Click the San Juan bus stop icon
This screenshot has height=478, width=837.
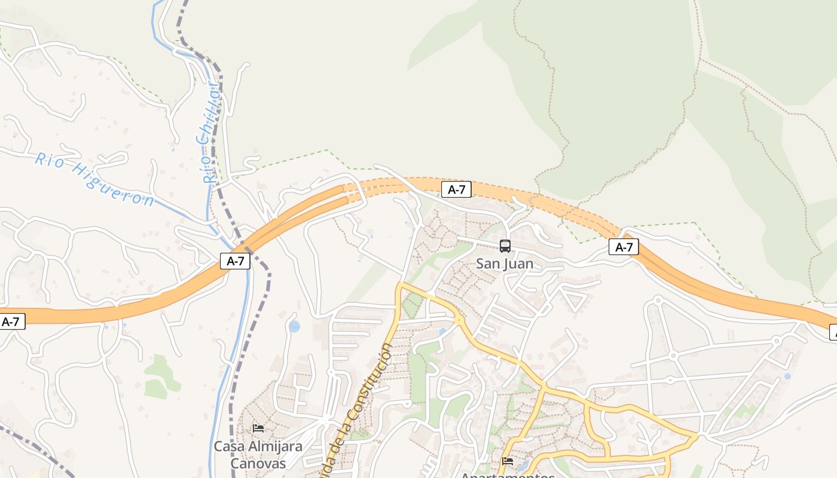click(505, 246)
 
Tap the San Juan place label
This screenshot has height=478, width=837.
click(505, 263)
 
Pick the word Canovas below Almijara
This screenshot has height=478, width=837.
click(258, 463)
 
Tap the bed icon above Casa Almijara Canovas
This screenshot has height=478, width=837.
click(258, 428)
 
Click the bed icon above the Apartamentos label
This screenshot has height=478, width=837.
click(508, 461)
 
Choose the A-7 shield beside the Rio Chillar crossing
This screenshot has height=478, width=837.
click(235, 261)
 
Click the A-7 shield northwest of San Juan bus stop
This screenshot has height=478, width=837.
click(456, 189)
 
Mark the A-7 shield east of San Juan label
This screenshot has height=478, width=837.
click(624, 247)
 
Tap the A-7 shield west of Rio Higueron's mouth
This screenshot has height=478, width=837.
click(12, 321)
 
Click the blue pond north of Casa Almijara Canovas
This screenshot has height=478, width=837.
click(294, 326)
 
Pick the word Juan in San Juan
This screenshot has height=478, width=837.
click(520, 263)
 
